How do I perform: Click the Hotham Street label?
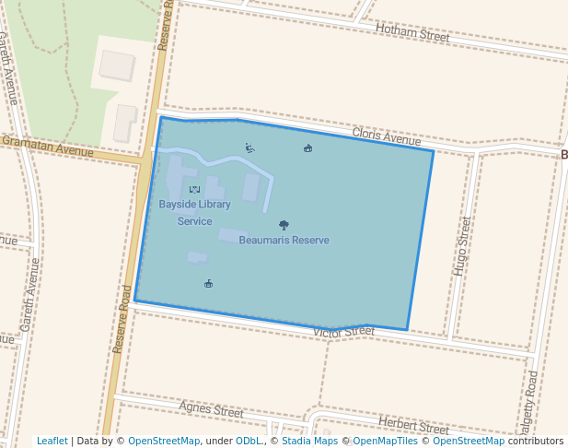(412, 34)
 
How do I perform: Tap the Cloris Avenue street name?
(386, 137)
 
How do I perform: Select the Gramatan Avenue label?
(48, 146)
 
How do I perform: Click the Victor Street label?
(343, 331)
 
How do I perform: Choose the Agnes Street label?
(211, 408)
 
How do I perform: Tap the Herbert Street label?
(413, 427)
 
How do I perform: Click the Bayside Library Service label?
(194, 213)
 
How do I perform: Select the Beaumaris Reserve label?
(284, 241)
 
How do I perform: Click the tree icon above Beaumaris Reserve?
(284, 225)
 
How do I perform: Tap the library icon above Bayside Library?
(194, 189)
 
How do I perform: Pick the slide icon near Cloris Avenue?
(249, 147)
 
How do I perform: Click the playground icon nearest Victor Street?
(209, 283)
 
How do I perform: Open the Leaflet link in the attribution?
(52, 442)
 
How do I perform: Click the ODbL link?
(249, 442)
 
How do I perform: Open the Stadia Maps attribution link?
(309, 442)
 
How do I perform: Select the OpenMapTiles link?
(385, 442)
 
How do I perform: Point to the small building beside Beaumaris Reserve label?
(233, 235)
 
